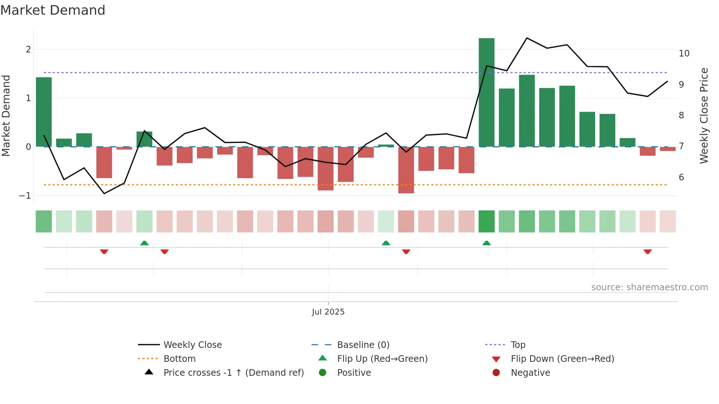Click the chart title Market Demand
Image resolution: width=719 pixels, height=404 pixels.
[53, 10]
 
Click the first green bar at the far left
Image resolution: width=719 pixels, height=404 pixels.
[44, 112]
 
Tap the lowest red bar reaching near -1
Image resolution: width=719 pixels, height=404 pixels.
[406, 170]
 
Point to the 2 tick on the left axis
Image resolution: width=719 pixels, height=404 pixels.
[28, 49]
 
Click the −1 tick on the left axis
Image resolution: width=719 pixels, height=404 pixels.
[25, 196]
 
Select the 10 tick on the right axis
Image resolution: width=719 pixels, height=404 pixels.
[684, 54]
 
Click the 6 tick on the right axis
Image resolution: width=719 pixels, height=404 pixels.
[681, 177]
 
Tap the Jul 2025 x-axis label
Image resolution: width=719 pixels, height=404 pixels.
[328, 312]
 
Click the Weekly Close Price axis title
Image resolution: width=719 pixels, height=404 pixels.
[704, 115]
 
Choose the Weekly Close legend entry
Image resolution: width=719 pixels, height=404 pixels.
[193, 345]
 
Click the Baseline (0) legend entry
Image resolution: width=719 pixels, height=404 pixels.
[363, 345]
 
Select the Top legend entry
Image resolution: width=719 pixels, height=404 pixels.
[518, 345]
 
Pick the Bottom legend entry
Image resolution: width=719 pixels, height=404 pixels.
[179, 359]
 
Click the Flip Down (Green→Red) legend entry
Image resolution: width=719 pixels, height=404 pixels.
[562, 359]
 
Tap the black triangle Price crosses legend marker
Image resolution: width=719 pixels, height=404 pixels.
[149, 372]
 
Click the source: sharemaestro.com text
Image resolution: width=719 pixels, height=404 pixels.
[649, 287]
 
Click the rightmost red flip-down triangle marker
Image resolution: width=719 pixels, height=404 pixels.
[647, 251]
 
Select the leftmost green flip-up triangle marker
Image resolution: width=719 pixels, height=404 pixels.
[144, 243]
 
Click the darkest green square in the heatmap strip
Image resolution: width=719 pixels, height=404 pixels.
[486, 221]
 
